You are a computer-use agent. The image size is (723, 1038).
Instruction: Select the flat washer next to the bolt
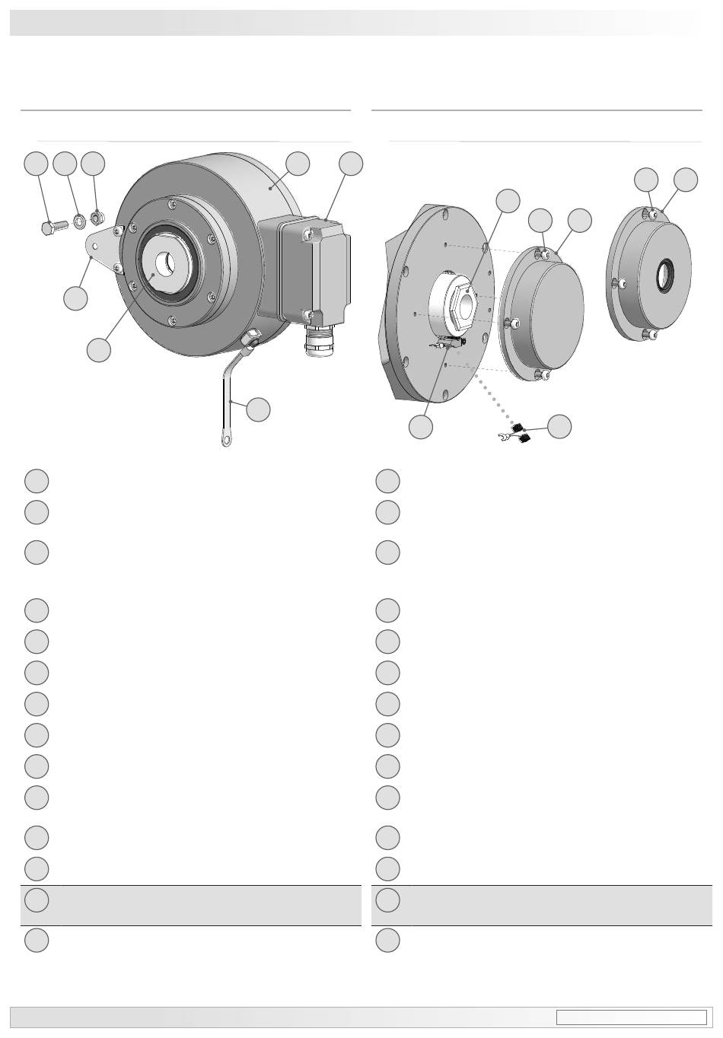tap(78, 223)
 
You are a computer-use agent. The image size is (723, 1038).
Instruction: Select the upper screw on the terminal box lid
tap(308, 234)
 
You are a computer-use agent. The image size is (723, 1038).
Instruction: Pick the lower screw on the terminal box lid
tap(307, 315)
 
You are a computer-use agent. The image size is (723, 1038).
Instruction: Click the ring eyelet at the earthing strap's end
tap(226, 440)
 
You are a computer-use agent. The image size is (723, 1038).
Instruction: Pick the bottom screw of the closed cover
tap(540, 374)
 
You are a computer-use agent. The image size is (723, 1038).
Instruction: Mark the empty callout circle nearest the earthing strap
tap(258, 409)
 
